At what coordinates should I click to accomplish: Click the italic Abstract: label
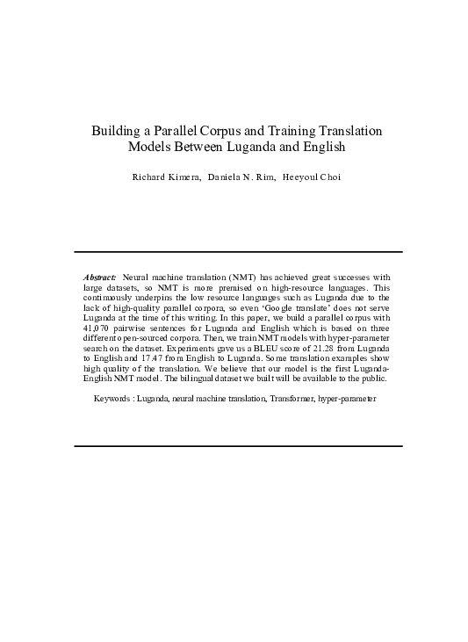pos(99,277)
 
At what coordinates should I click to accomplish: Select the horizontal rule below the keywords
pos(238,445)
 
